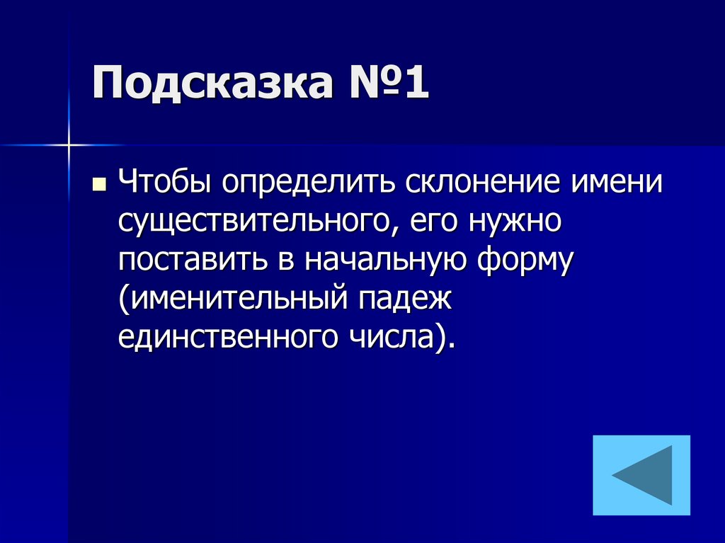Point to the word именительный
(x=231, y=301)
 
